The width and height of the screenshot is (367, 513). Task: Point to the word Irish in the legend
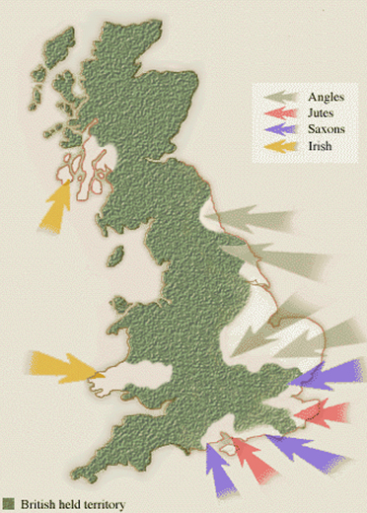click(x=320, y=146)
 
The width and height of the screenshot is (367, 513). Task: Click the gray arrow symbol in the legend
click(x=284, y=97)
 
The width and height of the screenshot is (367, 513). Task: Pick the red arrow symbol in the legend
click(x=284, y=112)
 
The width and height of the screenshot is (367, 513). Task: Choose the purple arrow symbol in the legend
click(x=284, y=129)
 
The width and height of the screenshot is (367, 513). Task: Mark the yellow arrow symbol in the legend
click(x=284, y=146)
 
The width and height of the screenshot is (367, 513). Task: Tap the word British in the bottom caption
click(x=35, y=504)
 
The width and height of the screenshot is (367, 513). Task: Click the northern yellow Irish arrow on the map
click(x=55, y=203)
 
